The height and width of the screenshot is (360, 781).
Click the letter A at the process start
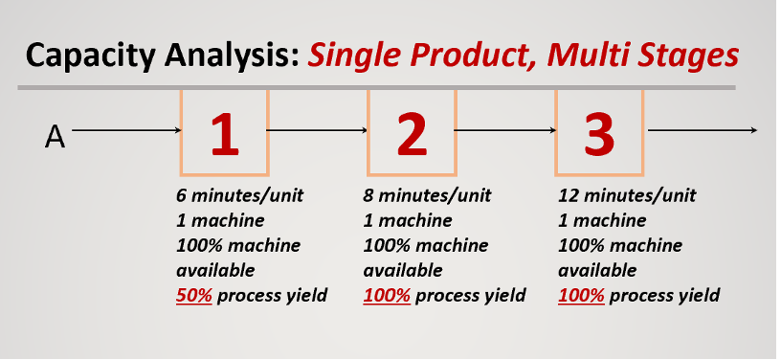pyautogui.click(x=55, y=138)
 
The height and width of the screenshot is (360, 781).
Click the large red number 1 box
pyautogui.click(x=224, y=132)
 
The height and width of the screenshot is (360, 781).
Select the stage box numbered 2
pyautogui.click(x=412, y=132)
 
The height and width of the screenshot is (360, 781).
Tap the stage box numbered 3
pyautogui.click(x=599, y=132)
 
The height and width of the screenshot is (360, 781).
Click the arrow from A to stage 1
pyautogui.click(x=125, y=130)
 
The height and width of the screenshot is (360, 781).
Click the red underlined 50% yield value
pyautogui.click(x=194, y=295)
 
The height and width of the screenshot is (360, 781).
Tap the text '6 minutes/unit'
pyautogui.click(x=239, y=195)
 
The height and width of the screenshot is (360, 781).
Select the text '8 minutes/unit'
pyautogui.click(x=427, y=195)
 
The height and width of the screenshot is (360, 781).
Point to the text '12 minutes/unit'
pyautogui.click(x=627, y=195)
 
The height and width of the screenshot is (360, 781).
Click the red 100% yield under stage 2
pyautogui.click(x=387, y=295)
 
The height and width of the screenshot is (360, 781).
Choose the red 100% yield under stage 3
pyautogui.click(x=581, y=295)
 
